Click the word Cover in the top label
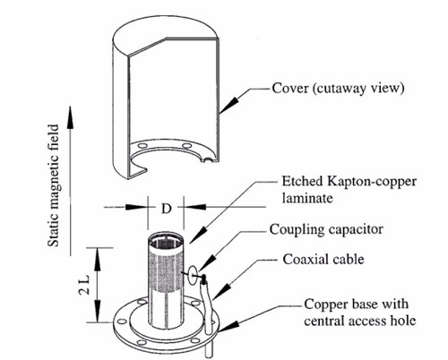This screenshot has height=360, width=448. click(289, 89)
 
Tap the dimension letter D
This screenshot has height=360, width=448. click(166, 209)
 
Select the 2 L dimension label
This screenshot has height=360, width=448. click(84, 284)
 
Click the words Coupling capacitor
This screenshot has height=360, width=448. click(326, 230)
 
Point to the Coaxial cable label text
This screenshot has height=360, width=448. click(323, 260)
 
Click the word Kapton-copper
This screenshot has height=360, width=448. click(372, 182)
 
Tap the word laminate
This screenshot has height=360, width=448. click(307, 198)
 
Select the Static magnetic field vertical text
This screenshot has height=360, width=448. click(54, 185)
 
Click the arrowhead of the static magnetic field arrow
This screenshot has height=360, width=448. click(70, 117)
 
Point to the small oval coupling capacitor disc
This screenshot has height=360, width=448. click(194, 272)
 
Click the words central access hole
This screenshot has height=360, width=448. click(360, 321)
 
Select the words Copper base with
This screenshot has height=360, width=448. click(357, 304)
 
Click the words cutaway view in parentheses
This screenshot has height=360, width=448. click(358, 89)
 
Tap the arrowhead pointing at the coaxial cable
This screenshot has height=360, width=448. click(221, 292)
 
